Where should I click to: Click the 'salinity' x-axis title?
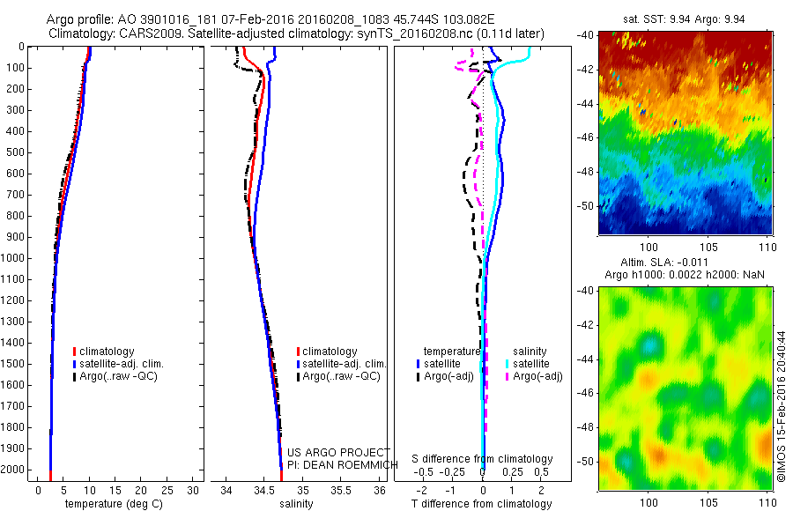(297, 504)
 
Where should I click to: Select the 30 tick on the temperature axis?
(194, 489)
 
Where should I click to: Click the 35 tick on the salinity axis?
(303, 489)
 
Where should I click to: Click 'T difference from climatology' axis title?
(483, 504)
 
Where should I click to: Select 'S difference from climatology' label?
(483, 459)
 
